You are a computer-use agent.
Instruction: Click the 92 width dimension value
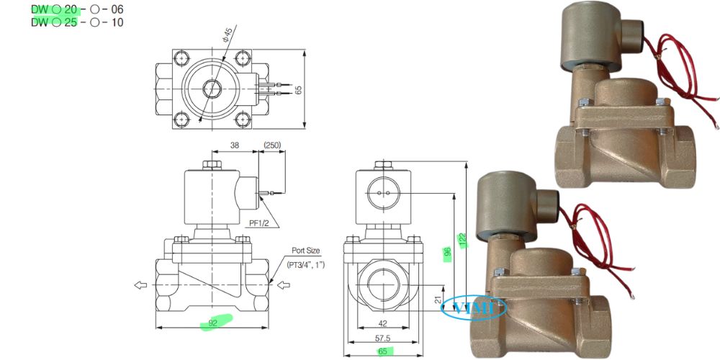(212, 323)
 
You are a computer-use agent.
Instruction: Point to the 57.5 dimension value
(382, 338)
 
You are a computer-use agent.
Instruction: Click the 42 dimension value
(383, 324)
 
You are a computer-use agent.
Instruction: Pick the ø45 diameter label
(228, 33)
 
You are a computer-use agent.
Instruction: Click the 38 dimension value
(234, 145)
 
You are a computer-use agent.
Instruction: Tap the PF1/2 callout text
(259, 223)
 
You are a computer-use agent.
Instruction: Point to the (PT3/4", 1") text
(305, 265)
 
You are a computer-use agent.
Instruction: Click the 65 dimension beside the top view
(298, 89)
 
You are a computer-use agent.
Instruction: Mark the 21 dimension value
(438, 299)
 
